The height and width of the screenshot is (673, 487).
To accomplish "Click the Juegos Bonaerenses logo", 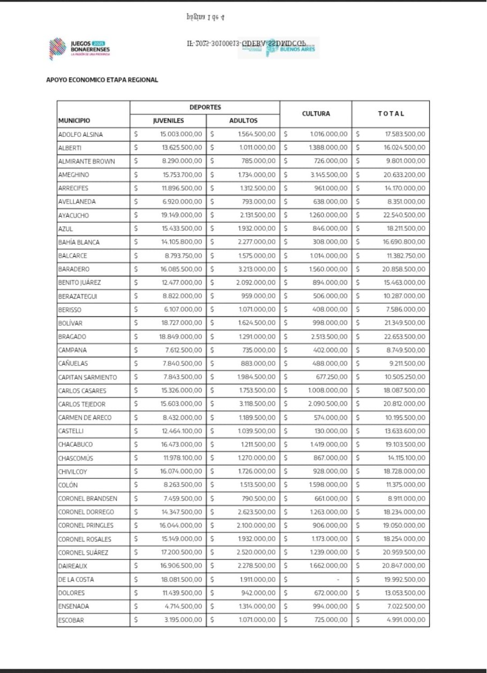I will [x=80, y=47].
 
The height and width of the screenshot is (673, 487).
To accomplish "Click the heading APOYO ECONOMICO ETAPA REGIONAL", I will [x=102, y=80].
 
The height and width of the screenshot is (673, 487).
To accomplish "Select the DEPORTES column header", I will [x=205, y=108].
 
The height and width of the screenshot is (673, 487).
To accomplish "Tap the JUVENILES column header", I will [x=169, y=121].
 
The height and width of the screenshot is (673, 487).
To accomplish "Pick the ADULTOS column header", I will [x=243, y=121].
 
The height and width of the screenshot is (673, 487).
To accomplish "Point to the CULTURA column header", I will [x=316, y=114].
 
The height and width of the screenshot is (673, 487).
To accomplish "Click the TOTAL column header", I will [x=391, y=114].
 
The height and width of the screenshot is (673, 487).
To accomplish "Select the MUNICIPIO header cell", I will [x=74, y=121].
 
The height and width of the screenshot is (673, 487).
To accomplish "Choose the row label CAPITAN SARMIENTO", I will [x=87, y=377].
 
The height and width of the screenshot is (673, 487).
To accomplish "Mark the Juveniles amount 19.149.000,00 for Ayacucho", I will [x=181, y=215].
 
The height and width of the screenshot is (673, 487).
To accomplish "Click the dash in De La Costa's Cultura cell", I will [x=338, y=579].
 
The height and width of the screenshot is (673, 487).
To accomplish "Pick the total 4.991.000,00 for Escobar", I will [x=406, y=621].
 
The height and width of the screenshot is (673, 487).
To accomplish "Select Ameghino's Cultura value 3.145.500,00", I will [x=329, y=175].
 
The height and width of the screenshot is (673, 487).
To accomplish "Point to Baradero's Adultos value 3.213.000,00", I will [x=257, y=269].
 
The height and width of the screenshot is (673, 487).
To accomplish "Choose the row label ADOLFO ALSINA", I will [x=80, y=134].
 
